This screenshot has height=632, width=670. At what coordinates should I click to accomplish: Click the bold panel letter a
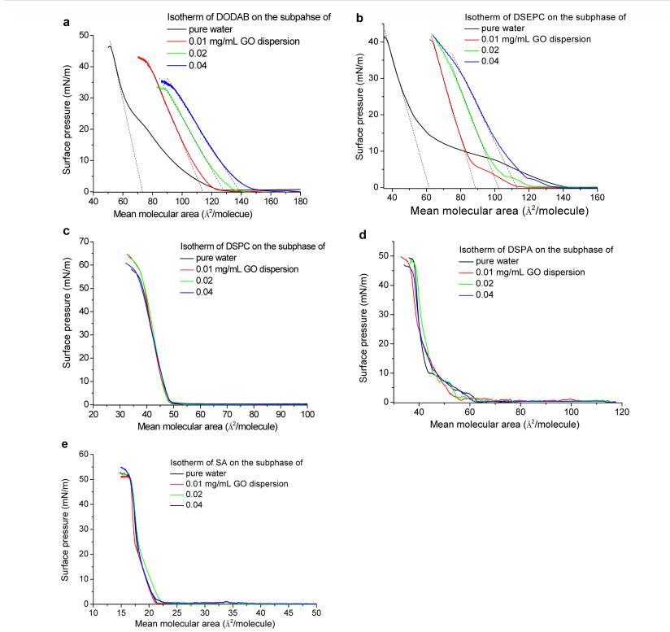[66, 22]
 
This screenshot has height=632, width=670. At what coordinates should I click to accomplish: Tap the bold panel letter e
[66, 447]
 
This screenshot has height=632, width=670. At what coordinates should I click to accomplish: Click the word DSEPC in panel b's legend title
[520, 16]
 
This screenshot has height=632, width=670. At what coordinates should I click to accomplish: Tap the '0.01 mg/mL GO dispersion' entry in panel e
[224, 483]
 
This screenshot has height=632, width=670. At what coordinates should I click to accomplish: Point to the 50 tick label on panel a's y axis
[84, 35]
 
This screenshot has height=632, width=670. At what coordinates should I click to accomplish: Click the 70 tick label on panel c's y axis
[84, 242]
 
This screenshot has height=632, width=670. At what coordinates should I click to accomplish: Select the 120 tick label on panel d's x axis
[621, 412]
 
